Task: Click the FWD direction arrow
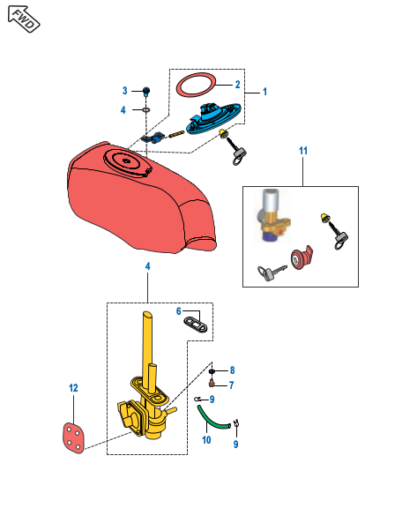point(24,19)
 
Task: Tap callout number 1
point(265,92)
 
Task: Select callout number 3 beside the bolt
point(124,91)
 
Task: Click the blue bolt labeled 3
point(146,92)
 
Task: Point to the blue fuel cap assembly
point(213,118)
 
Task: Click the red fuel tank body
point(140,200)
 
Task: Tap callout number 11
point(303,151)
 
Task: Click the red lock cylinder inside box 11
point(301,258)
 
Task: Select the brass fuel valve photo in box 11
point(272,215)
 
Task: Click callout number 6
point(179,311)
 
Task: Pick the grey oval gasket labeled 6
point(196,325)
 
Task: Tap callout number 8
point(233,370)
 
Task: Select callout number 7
point(231,385)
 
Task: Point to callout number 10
point(206,440)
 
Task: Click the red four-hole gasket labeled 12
point(73,438)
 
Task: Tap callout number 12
point(73,388)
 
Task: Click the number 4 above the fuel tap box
point(147,266)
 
